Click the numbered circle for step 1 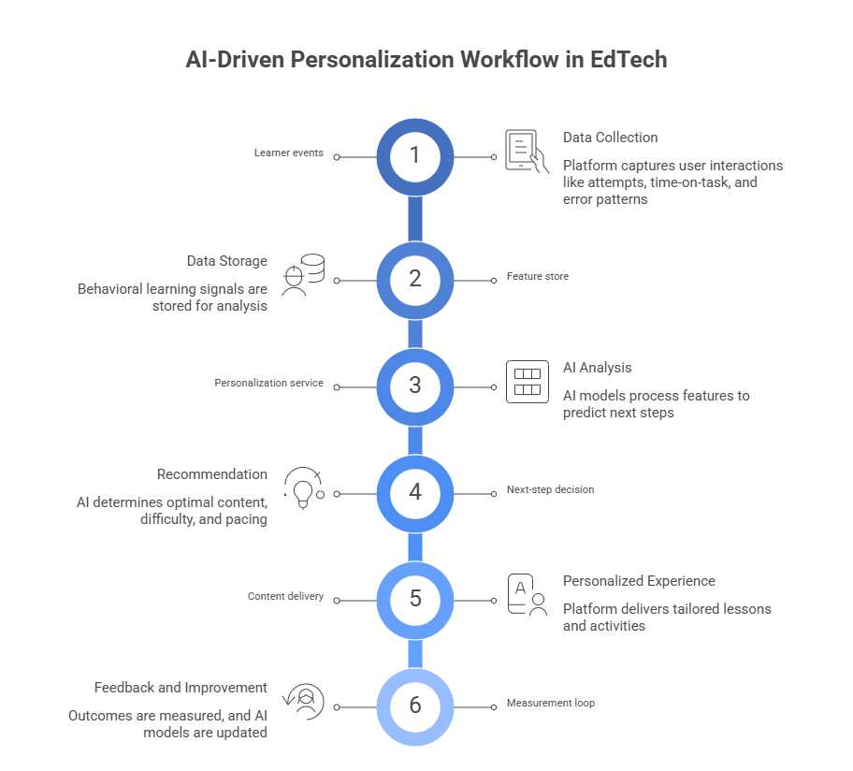[415, 156]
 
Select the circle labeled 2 [415, 279]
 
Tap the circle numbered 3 [415, 385]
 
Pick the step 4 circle [415, 492]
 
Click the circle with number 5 [415, 598]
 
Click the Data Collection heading [610, 138]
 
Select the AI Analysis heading [598, 368]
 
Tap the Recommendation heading [211, 474]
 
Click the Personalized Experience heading [639, 581]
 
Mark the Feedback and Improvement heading [181, 688]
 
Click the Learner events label [289, 154]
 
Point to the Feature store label [538, 277]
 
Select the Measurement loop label [550, 703]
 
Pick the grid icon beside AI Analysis [527, 382]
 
